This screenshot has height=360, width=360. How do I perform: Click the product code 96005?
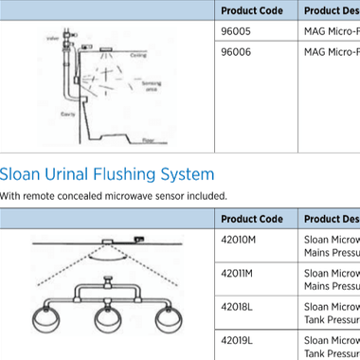(234, 31)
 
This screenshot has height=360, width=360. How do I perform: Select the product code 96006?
(234, 53)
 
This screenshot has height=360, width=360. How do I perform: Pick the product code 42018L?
(237, 307)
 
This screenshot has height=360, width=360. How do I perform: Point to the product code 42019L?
(237, 339)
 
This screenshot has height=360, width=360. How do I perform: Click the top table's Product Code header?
(251, 10)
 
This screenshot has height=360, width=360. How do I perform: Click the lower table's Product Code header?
(251, 219)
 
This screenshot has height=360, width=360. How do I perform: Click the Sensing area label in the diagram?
(151, 87)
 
